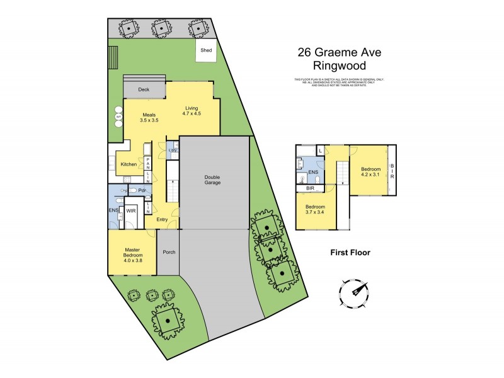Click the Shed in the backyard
[x=206, y=50]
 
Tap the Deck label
[x=143, y=89]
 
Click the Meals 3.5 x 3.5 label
[x=149, y=117]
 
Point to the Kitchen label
[x=129, y=164]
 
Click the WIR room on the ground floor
[x=132, y=212]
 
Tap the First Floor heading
[x=350, y=253]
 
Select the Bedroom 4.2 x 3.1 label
[x=370, y=172]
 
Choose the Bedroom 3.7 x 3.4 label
[x=316, y=210]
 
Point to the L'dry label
[x=172, y=149]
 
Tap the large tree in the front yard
[x=168, y=319]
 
